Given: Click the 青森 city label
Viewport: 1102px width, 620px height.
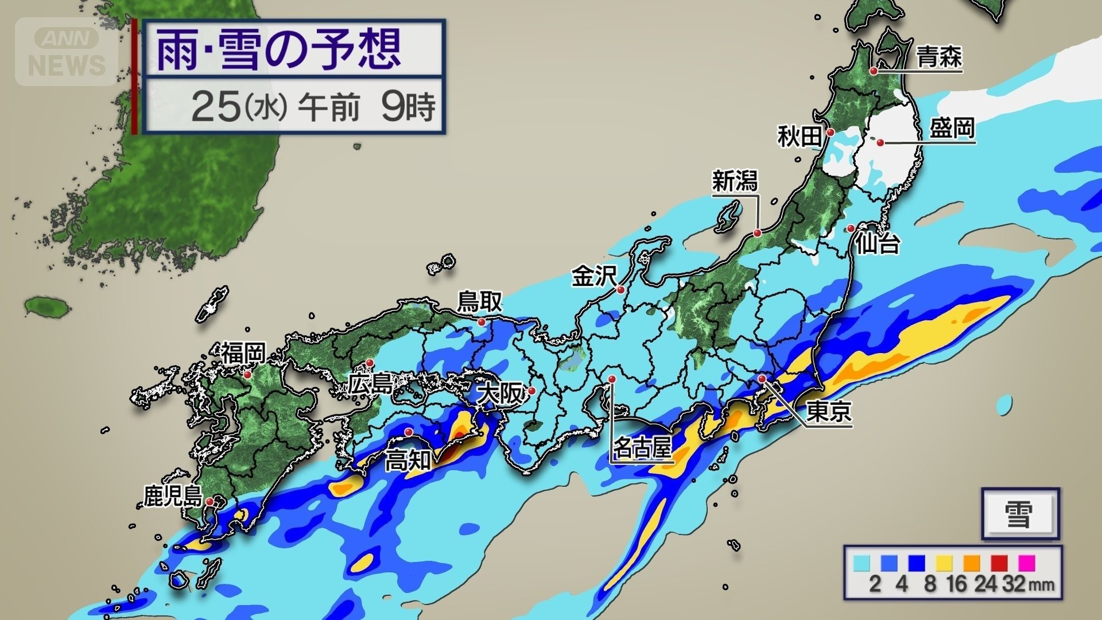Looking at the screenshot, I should (939, 58).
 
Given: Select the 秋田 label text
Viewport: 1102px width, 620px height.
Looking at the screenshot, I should (800, 137).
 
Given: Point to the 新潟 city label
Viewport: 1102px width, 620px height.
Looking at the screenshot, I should (735, 181).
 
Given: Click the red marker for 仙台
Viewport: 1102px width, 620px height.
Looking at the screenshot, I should (851, 228).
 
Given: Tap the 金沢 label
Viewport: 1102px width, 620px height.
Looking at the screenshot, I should (594, 277).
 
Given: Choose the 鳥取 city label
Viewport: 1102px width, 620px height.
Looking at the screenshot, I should (479, 302).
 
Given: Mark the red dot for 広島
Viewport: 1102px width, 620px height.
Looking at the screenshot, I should (370, 363).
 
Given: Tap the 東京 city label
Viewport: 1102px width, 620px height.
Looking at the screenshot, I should (829, 411).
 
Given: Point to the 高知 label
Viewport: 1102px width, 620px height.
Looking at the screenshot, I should (408, 460).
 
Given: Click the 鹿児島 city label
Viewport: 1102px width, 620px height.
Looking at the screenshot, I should (173, 497).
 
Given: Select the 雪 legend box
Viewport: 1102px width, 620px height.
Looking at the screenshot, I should (1019, 514).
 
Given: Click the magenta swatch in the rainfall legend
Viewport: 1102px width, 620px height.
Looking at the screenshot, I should (1026, 563).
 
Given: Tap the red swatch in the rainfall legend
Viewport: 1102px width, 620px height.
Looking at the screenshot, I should (999, 563).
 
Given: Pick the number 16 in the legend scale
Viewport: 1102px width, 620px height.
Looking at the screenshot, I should (956, 584).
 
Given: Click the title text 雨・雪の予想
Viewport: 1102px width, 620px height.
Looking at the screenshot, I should (279, 50).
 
